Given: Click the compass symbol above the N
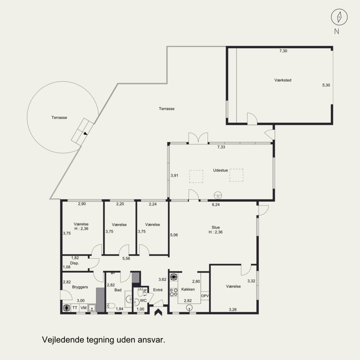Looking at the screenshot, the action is click(x=339, y=17).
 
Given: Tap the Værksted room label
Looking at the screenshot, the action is click(x=283, y=80).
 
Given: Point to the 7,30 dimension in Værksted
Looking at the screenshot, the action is click(x=283, y=51).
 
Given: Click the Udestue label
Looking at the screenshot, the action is click(x=220, y=171).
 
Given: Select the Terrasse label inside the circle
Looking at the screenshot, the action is click(x=59, y=117).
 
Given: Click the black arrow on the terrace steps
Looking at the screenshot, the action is click(x=85, y=133).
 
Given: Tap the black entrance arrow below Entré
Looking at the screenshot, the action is click(x=158, y=312).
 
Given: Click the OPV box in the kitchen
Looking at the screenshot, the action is click(x=205, y=296).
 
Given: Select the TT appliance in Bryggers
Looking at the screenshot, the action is click(x=75, y=308).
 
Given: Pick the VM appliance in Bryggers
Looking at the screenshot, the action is click(x=84, y=308).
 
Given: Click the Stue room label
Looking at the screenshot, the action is click(x=216, y=227).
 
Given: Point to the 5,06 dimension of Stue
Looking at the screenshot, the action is click(x=174, y=235).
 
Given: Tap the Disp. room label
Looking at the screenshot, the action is click(x=74, y=263).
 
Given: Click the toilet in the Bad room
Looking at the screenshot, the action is click(x=111, y=306).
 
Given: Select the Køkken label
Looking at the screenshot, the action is click(x=188, y=289).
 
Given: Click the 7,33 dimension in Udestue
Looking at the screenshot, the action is click(x=221, y=147).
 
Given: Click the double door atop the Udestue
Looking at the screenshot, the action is click(x=198, y=138).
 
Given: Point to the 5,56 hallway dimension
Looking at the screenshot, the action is click(x=126, y=258).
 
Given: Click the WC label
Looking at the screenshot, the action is click(x=143, y=301).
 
